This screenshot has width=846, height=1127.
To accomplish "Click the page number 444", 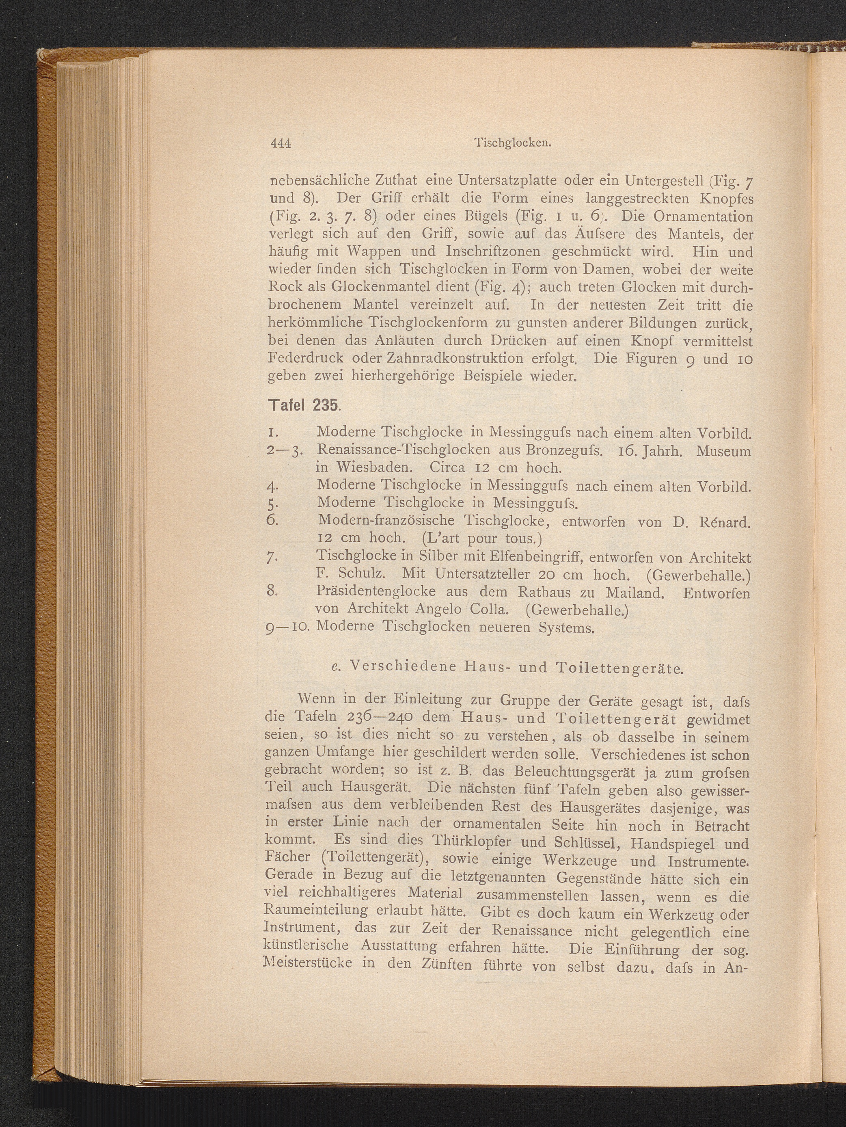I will pyautogui.click(x=280, y=144).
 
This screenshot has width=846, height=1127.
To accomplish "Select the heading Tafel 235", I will pyautogui.click(x=304, y=406).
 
